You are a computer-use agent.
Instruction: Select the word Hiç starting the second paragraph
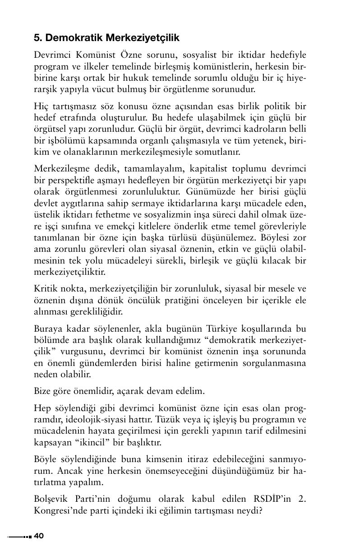click(40, 106)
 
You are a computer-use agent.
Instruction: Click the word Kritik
click(45, 288)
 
